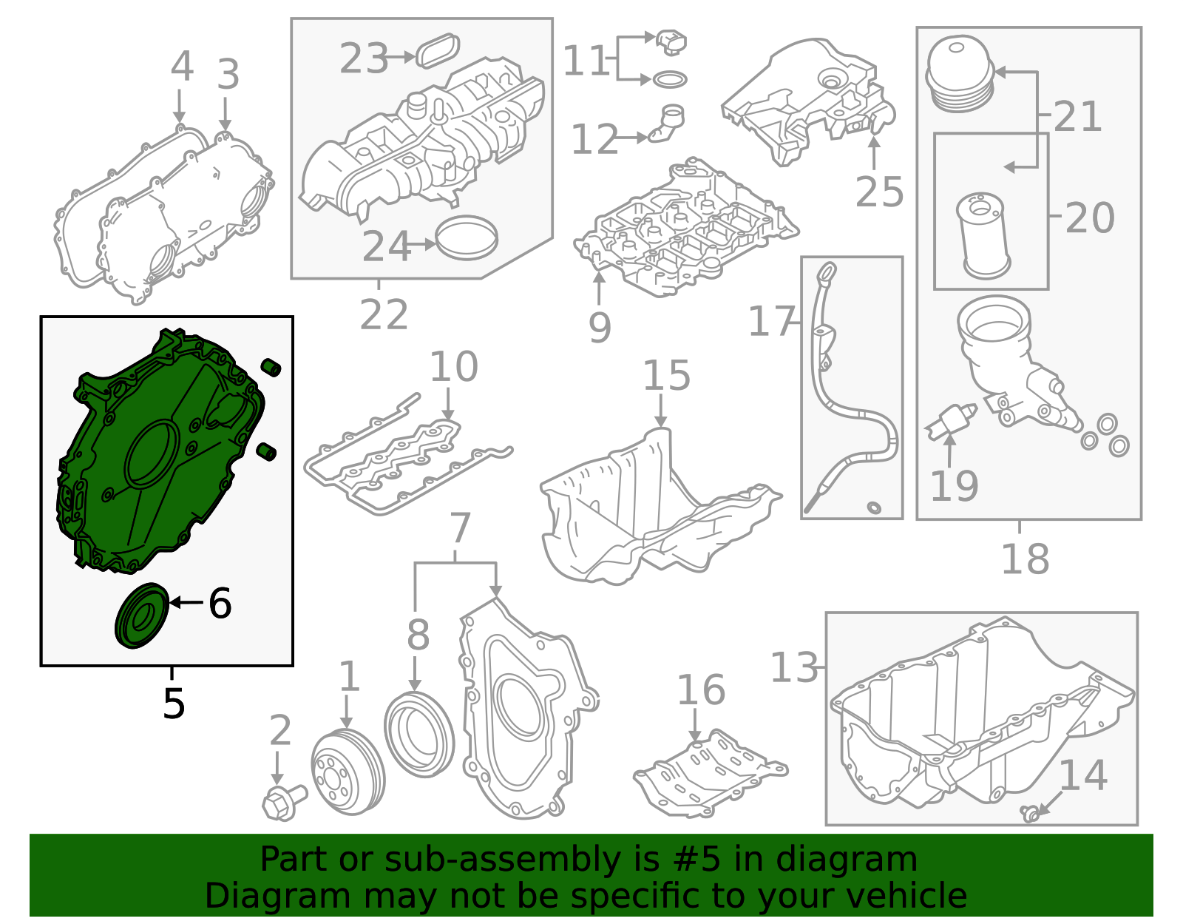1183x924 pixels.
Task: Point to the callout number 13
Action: click(794, 667)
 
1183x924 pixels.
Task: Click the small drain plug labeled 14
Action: click(1028, 813)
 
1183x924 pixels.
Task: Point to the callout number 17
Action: click(771, 322)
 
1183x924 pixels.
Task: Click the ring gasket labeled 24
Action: click(467, 237)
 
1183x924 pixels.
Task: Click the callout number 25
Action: click(879, 192)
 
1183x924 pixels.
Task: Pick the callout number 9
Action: click(600, 327)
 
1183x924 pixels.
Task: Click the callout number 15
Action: click(666, 376)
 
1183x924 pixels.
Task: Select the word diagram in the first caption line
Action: click(872, 860)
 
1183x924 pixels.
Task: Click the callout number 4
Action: click(182, 67)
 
